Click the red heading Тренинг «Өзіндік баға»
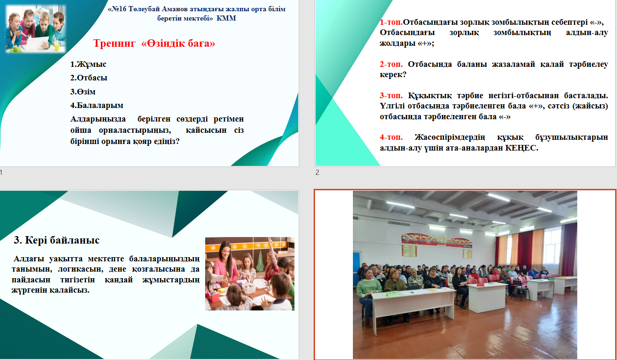[154, 43]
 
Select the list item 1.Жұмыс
[88, 64]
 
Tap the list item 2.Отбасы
[89, 78]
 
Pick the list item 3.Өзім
[83, 92]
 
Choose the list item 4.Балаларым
[97, 105]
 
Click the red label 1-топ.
[391, 22]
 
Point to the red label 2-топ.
[391, 64]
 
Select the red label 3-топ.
[391, 95]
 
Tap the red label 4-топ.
[391, 137]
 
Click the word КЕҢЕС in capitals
[522, 148]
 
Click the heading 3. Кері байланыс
[57, 240]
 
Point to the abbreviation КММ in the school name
[226, 18]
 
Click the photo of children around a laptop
[36, 29]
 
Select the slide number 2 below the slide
[317, 173]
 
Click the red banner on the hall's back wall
[437, 241]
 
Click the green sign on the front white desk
[392, 294]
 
